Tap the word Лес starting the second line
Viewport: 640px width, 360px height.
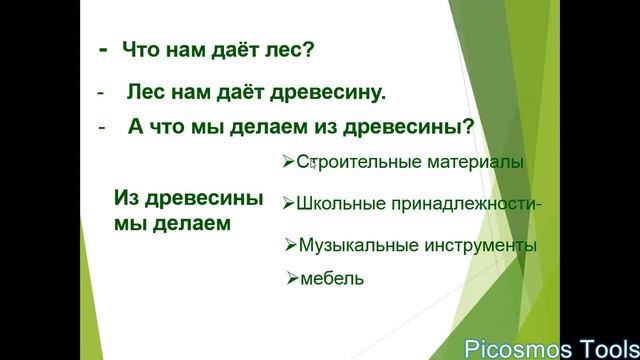(x=144, y=93)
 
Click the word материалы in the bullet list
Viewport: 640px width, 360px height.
(x=472, y=162)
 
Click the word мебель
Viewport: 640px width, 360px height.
(x=332, y=279)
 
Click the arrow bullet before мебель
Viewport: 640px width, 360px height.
(x=292, y=279)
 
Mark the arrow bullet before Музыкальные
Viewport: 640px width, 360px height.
(x=290, y=245)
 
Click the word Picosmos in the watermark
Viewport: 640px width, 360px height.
(x=514, y=348)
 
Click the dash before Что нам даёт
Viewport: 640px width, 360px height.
(x=103, y=48)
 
